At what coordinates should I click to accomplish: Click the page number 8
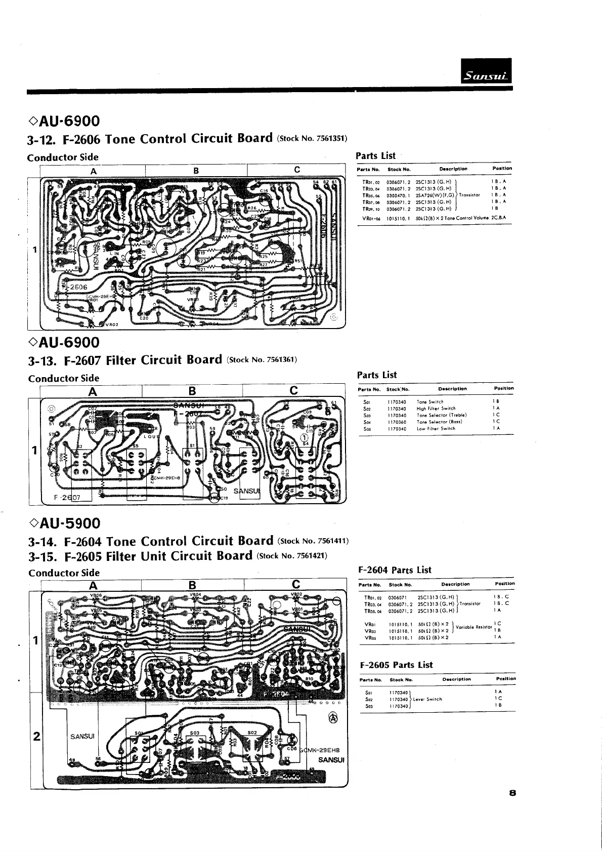[x=512, y=794]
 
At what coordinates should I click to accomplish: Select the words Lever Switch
[x=428, y=699]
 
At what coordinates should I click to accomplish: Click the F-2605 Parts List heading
[x=396, y=665]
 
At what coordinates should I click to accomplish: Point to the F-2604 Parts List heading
[x=395, y=570]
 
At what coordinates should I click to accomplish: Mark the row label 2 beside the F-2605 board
[x=36, y=736]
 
